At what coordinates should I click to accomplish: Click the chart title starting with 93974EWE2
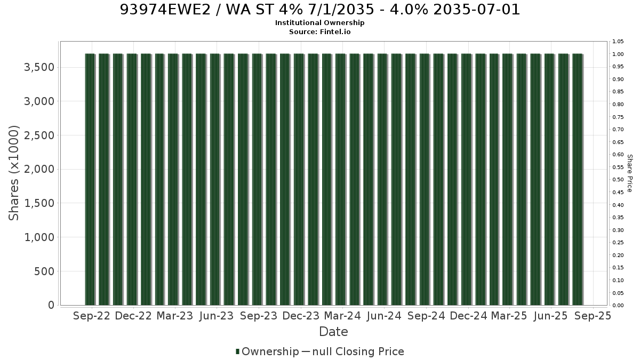(319, 10)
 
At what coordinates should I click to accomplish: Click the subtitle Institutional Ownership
(319, 23)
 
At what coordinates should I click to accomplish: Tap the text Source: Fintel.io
(319, 31)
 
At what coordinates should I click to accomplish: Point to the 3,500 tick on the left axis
(39, 67)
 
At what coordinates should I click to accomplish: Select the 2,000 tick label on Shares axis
(39, 169)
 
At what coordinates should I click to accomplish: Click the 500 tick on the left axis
(44, 271)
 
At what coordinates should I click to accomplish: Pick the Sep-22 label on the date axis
(92, 316)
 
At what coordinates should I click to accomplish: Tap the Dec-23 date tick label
(301, 316)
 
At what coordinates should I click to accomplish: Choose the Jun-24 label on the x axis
(385, 316)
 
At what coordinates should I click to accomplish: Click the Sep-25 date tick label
(593, 316)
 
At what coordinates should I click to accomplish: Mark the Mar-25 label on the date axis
(509, 316)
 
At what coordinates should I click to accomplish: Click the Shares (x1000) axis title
(14, 173)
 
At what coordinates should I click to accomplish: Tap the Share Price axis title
(629, 173)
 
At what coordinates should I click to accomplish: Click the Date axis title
(333, 332)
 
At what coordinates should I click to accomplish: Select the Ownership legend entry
(267, 351)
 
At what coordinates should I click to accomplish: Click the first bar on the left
(90, 179)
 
